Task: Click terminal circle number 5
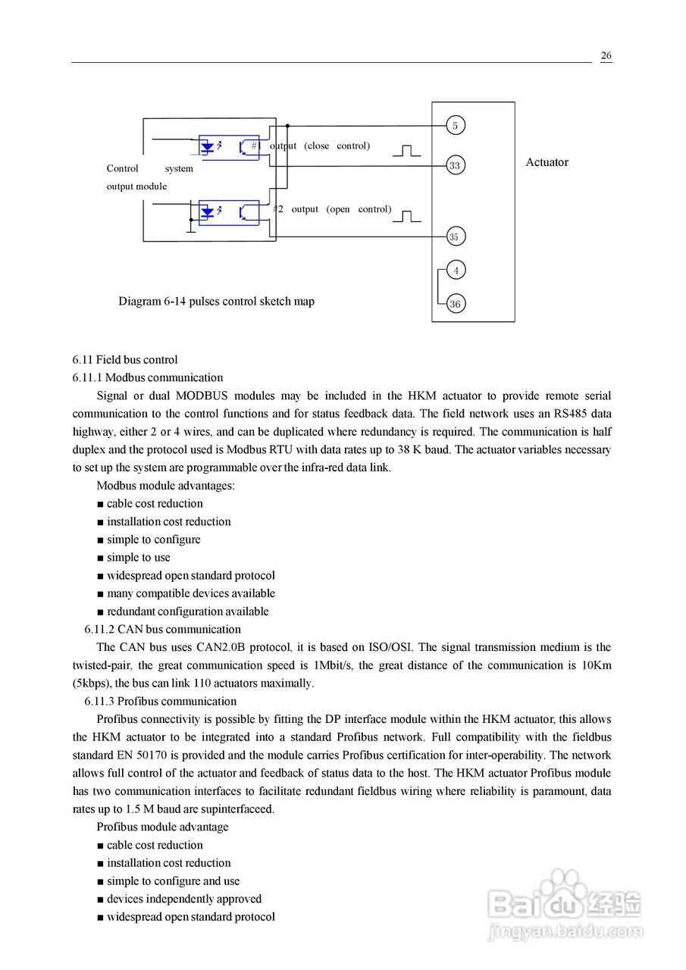[x=455, y=126]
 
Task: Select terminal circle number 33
[x=455, y=165]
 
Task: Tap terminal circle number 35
[x=454, y=236]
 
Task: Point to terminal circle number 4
[x=456, y=270]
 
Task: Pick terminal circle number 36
[x=455, y=304]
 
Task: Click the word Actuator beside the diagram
[x=547, y=162]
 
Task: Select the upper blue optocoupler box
[x=229, y=147]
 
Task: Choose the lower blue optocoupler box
[x=229, y=212]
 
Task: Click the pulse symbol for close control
[x=406, y=150]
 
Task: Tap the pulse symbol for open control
[x=406, y=216]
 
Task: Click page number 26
[x=606, y=56]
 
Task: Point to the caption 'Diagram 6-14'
[x=216, y=301]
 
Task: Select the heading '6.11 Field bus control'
[x=125, y=359]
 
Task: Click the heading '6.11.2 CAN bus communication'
[x=162, y=629]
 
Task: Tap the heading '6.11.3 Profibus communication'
[x=160, y=701]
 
